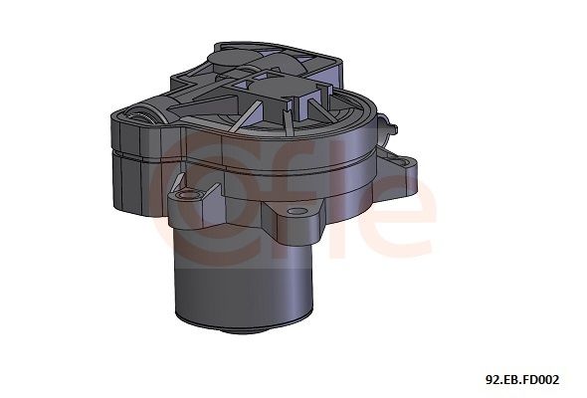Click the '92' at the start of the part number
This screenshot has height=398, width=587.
[490, 379]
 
